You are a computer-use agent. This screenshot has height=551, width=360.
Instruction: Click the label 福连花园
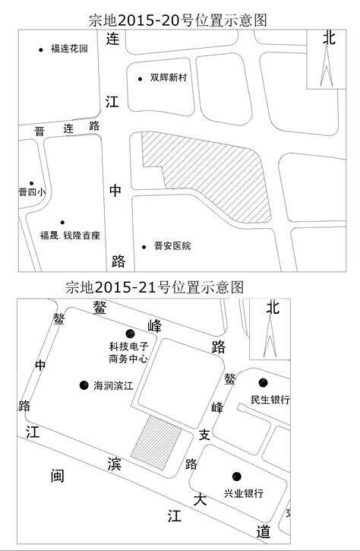[69, 49]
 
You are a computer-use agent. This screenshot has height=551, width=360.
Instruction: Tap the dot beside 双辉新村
[141, 79]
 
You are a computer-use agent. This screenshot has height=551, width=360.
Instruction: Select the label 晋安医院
[172, 246]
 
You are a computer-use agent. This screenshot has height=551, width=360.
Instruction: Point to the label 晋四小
[32, 192]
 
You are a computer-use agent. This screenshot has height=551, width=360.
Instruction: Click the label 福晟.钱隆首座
[70, 235]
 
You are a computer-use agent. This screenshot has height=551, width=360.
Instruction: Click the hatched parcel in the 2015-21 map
[156, 442]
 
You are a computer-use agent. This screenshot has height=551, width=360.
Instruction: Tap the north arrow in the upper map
[327, 66]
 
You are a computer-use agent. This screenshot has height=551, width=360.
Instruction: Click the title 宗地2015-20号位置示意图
[178, 20]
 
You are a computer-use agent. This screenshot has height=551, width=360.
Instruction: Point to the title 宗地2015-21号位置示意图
[154, 287]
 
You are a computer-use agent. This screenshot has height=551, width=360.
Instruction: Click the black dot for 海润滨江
[84, 385]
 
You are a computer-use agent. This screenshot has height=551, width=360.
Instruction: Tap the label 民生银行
[270, 400]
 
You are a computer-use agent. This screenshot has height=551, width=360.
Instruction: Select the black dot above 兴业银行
[237, 477]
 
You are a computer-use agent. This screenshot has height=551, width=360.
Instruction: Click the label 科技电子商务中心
[128, 353]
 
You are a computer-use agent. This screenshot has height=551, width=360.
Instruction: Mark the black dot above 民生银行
[263, 382]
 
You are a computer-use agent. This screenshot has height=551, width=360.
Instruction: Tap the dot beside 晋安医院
[144, 247]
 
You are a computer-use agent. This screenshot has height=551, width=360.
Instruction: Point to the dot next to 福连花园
[41, 50]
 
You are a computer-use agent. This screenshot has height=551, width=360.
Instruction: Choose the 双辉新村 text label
[169, 78]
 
